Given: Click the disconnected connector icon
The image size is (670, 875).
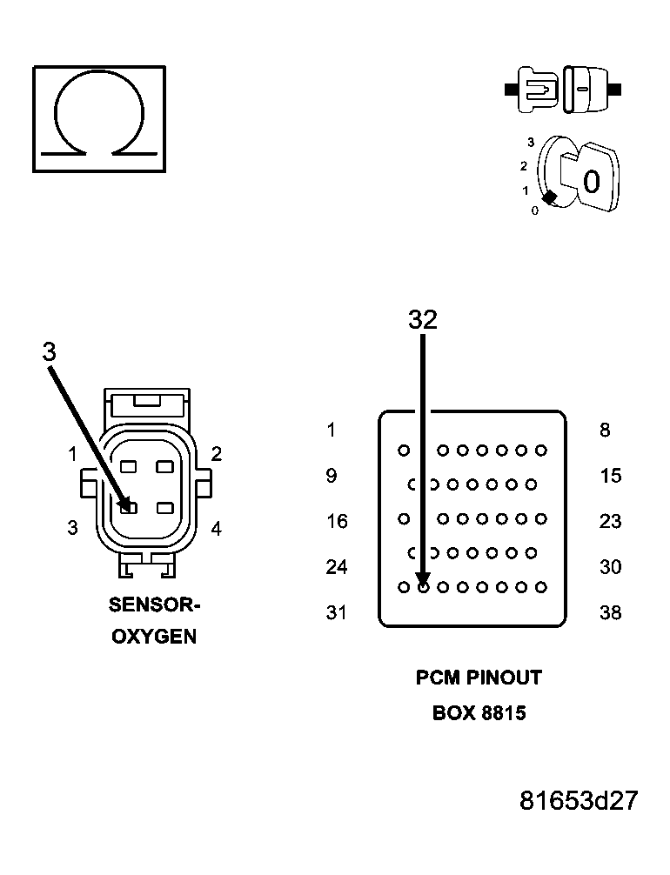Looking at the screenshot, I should click(563, 90).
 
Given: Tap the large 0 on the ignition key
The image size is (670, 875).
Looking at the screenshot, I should click(592, 182).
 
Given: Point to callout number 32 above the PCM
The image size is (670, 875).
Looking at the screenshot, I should click(423, 320).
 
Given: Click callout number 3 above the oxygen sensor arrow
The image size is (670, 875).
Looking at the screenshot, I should click(49, 351).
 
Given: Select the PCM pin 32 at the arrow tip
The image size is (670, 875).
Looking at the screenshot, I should click(423, 587).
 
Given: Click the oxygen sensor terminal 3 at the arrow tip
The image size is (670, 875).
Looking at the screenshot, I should click(128, 506).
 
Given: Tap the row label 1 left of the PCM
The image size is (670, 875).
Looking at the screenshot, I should click(332, 430).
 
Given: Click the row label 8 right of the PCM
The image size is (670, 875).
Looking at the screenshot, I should click(605, 430).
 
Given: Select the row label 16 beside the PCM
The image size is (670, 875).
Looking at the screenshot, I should click(337, 521).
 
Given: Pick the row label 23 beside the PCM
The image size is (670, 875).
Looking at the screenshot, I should click(611, 521).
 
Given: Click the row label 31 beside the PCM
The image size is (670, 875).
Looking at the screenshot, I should click(337, 612).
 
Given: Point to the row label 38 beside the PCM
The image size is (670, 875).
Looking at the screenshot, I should click(611, 612).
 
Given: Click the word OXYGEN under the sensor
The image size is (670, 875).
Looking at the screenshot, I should click(153, 637).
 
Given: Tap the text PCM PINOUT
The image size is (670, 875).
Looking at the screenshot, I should click(479, 678).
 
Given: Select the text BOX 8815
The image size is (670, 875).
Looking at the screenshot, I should click(479, 713).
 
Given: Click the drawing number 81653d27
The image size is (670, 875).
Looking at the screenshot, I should click(579, 800).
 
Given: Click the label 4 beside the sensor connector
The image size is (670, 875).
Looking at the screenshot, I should click(216, 527).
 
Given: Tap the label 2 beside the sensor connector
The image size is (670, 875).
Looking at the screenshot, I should click(216, 453).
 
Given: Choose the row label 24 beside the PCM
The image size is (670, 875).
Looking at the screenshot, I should click(337, 567).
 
